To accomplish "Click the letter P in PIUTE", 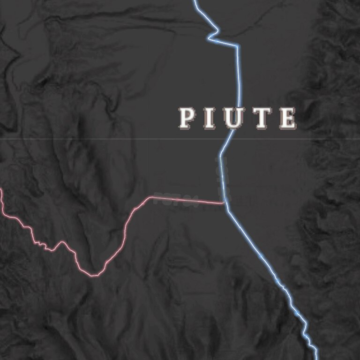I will pyautogui.click(x=187, y=118).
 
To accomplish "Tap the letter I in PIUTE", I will pyautogui.click(x=210, y=118).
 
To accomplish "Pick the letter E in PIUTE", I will pyautogui.click(x=287, y=118).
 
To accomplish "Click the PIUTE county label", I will pyautogui.click(x=237, y=118).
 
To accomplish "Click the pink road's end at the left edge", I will pyautogui.click(x=1, y=190).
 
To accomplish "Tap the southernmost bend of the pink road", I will pyautogui.click(x=94, y=275).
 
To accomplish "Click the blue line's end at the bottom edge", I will pyautogui.click(x=316, y=359).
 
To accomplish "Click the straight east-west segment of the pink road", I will pyautogui.click(x=187, y=200).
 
